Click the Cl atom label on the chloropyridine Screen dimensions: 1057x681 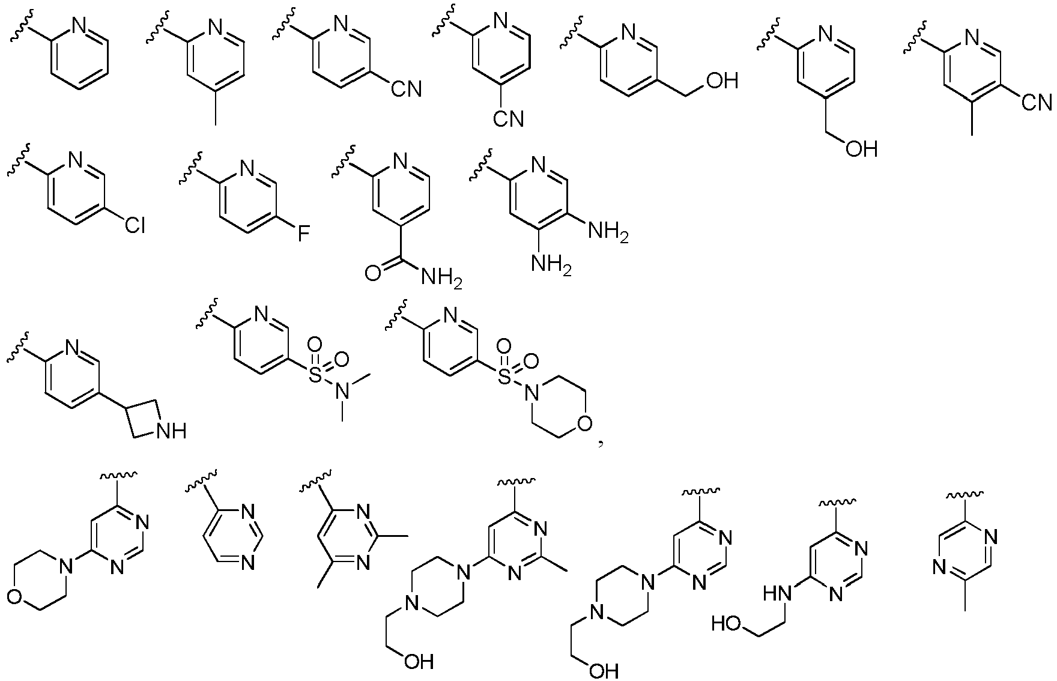(x=135, y=226)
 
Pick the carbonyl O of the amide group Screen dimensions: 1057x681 (x=372, y=274)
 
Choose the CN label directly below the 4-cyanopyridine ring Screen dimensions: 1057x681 (x=509, y=118)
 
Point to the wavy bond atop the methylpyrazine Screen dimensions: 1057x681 (x=965, y=495)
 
